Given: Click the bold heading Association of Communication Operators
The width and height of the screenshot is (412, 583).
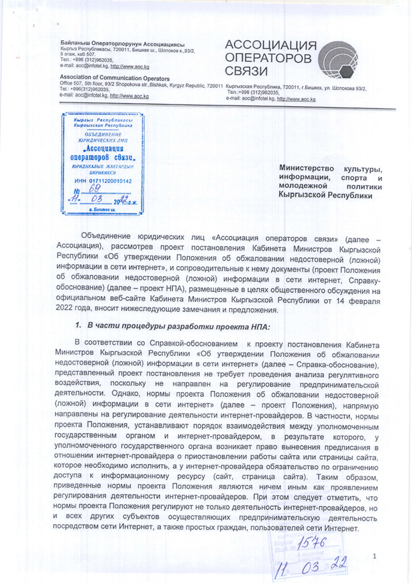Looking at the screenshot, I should click(x=115, y=78).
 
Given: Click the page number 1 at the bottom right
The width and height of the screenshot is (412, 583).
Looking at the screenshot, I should click(x=375, y=556).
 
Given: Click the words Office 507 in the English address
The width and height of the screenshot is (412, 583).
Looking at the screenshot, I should click(x=73, y=84).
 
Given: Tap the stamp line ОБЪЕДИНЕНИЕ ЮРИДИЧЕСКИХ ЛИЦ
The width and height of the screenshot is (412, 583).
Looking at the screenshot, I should click(x=102, y=138).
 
